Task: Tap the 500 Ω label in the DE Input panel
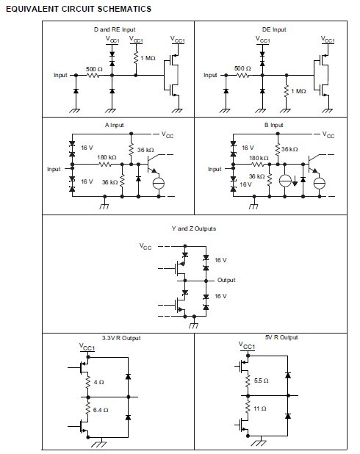[242, 68]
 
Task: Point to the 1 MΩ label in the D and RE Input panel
[148, 57]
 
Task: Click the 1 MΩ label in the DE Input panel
[298, 91]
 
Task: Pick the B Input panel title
[273, 125]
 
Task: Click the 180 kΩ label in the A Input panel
[107, 157]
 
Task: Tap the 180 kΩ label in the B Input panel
[259, 158]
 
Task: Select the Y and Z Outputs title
[194, 228]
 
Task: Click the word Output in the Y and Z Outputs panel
[226, 281]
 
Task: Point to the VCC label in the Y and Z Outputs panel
[146, 247]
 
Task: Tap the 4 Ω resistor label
[100, 381]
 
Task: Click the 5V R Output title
[281, 337]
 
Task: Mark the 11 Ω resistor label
[261, 407]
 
